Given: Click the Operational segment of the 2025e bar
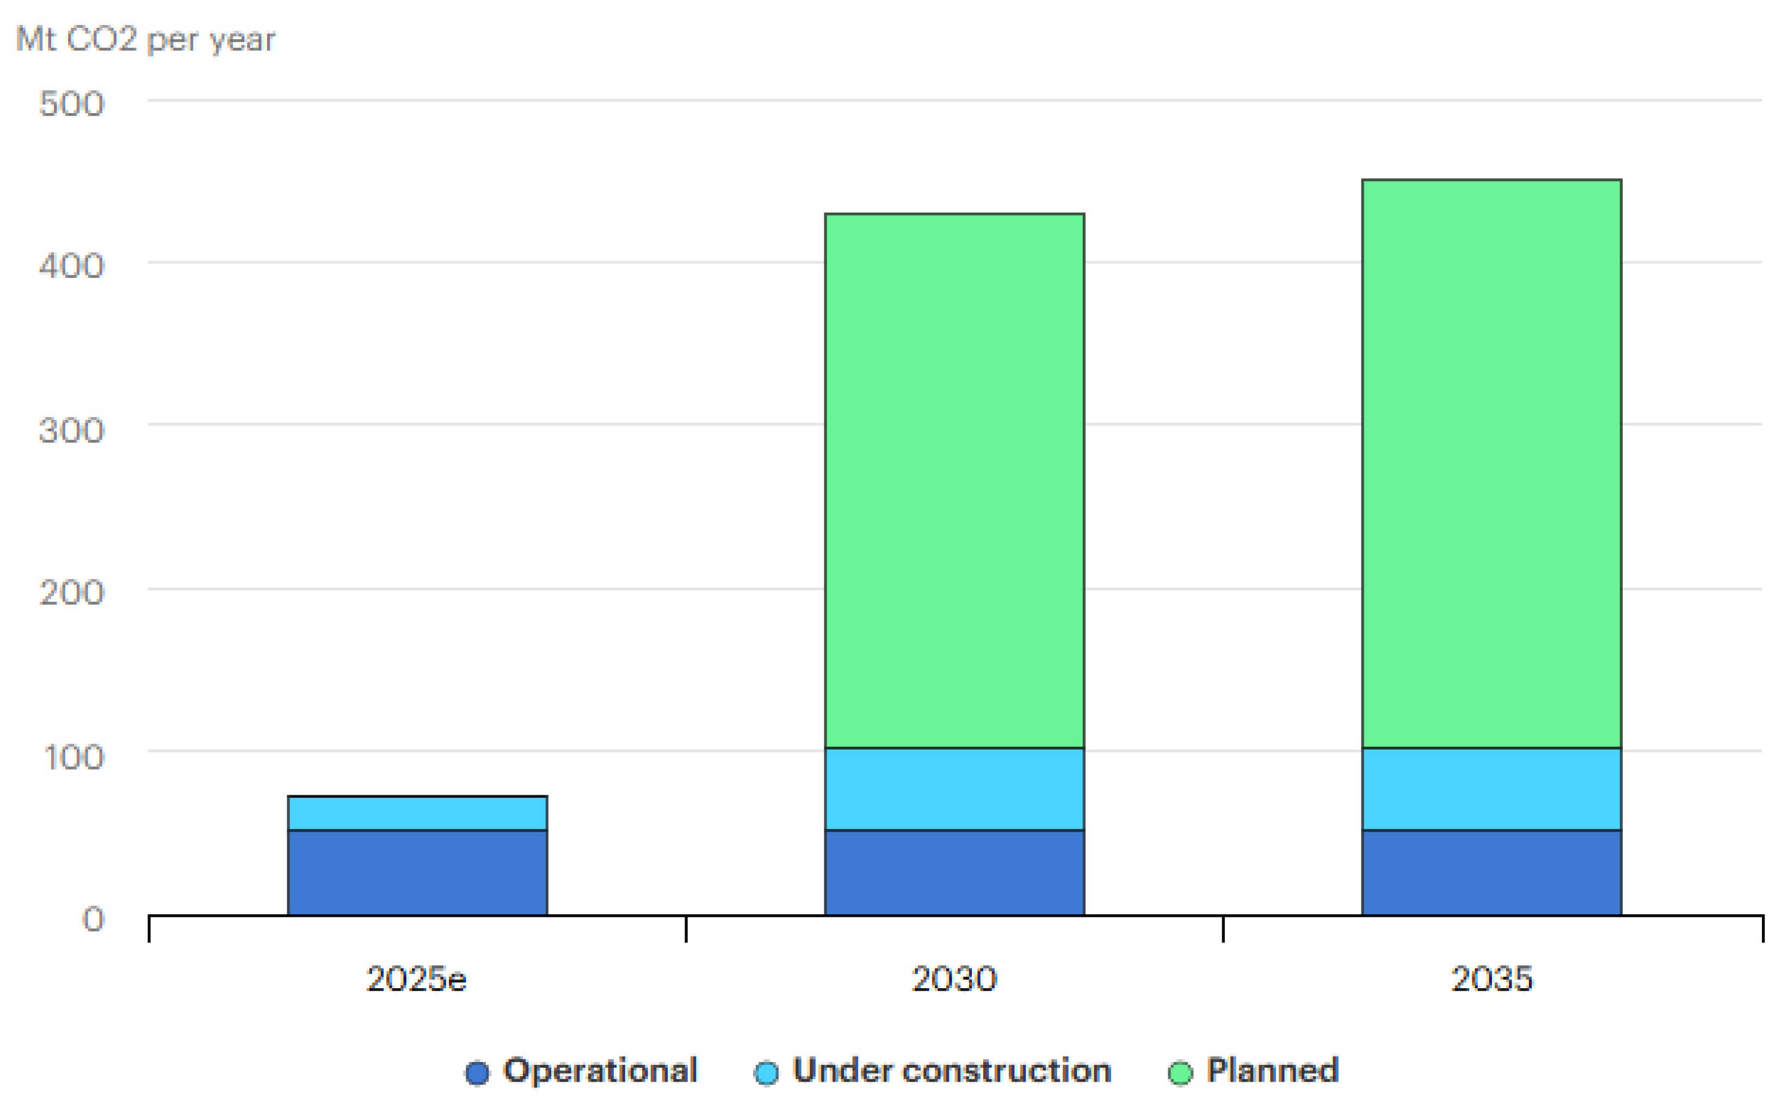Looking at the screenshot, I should (x=417, y=872).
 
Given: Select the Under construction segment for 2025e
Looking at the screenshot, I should (x=417, y=813).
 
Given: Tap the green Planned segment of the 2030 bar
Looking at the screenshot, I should (x=954, y=480).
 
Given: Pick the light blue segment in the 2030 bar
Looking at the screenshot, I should (x=954, y=789).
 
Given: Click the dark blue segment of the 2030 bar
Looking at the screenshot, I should (x=954, y=872).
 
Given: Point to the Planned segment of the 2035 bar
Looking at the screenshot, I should (x=1491, y=464).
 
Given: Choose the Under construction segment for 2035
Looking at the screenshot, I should (x=1491, y=789).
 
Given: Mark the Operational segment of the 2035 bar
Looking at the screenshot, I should (x=1491, y=872).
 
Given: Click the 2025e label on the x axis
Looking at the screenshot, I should (x=416, y=979).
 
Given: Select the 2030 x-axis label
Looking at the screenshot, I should (x=954, y=979).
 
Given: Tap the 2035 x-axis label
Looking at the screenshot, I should (x=1491, y=979).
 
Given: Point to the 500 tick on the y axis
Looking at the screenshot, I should (x=72, y=104).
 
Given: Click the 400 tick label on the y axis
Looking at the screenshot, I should (x=72, y=266).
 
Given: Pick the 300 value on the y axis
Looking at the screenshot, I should (x=72, y=430).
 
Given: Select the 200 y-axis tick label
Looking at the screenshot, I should (x=72, y=592).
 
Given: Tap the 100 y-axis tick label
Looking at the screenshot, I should (x=75, y=757).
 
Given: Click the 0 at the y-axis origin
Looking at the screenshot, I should (x=93, y=919).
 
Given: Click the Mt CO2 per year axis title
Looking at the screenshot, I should (x=145, y=39).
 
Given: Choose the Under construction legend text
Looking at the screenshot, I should (x=951, y=1070).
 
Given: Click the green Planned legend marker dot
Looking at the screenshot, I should (x=1180, y=1072).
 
